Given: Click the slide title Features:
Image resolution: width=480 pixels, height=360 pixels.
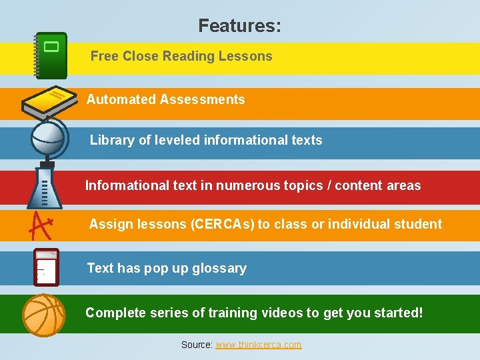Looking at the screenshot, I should point(239,26).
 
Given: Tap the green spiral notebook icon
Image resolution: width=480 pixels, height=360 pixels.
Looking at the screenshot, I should point(51,55).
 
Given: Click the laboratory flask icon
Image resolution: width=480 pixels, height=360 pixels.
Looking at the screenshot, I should point(44,187).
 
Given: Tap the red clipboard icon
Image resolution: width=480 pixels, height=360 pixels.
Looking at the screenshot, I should point(46,267).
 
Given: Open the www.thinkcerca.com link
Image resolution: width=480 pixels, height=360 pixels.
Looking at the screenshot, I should point(258,345).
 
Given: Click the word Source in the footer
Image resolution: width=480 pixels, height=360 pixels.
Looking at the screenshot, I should point(196,345).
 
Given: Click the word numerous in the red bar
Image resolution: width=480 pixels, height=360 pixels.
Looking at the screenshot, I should point(252,185).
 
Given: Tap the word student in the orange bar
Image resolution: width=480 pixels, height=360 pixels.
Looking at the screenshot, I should point(415,224).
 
